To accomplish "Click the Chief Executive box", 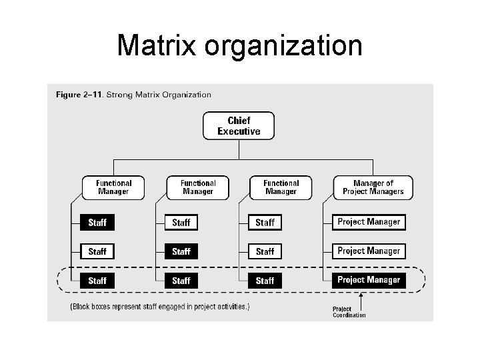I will (x=239, y=125).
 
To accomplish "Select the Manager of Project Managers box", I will (x=373, y=187).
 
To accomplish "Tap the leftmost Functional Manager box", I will (x=113, y=187).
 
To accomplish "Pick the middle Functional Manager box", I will (x=198, y=187).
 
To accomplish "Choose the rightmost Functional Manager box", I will (x=281, y=187).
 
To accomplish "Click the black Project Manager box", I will (x=369, y=280).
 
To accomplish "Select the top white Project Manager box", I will (x=369, y=222).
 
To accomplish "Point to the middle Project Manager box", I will (x=369, y=251).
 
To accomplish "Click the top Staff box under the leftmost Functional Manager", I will (x=97, y=222).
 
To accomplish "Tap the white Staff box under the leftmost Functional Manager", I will (x=97, y=251).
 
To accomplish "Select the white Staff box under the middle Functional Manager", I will (x=181, y=222).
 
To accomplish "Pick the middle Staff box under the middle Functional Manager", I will (x=181, y=251).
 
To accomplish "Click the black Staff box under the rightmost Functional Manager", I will (x=265, y=281).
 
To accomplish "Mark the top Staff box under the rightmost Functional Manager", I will (x=265, y=222).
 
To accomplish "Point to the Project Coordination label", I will (x=349, y=312).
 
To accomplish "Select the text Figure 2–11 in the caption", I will (x=78, y=95).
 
